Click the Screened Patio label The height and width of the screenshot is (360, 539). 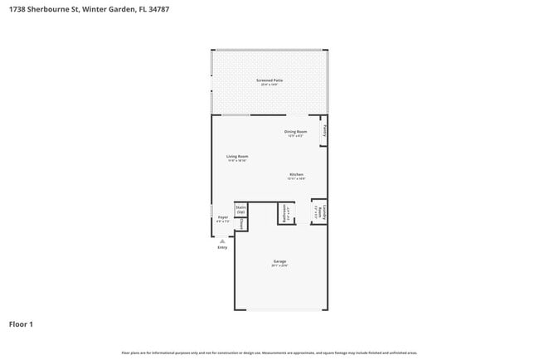(269, 80)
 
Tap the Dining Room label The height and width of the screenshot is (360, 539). (296, 132)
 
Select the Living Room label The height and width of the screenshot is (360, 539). (238, 156)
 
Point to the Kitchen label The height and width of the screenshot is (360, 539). (296, 174)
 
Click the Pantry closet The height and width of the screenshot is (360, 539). (325, 132)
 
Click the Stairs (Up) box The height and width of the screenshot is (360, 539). (240, 210)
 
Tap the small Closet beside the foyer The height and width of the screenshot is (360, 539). (240, 225)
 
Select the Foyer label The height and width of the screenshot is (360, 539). (223, 217)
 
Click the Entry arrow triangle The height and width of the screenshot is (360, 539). (222, 241)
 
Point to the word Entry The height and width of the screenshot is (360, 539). (222, 247)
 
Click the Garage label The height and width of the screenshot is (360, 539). (279, 261)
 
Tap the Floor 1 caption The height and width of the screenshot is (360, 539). (22, 324)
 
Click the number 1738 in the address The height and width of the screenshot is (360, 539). (16, 7)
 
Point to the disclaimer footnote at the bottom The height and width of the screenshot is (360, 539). (269, 353)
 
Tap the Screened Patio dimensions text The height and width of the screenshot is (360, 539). (269, 85)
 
